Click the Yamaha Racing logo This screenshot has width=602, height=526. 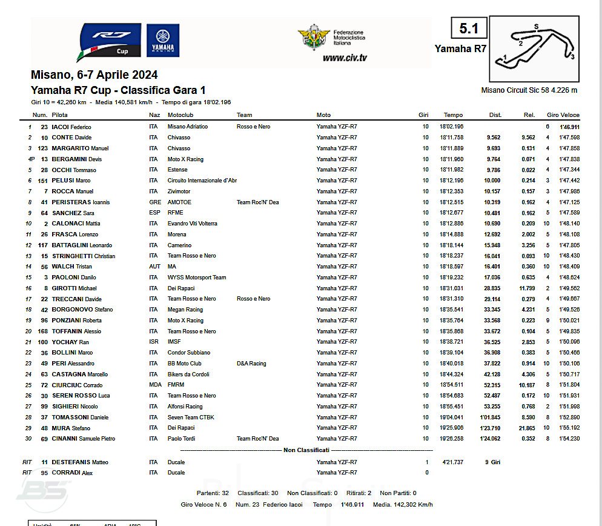[x=162, y=41]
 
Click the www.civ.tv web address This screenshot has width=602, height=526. [x=344, y=58]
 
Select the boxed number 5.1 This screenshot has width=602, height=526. [x=469, y=28]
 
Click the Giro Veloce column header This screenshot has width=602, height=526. [x=563, y=115]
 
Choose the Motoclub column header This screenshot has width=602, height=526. [x=181, y=115]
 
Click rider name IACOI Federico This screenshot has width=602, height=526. [x=76, y=127]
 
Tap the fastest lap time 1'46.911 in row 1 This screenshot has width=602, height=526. [x=569, y=127]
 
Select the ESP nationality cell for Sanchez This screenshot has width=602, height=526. [x=155, y=213]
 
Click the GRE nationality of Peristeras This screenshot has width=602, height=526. [x=155, y=202]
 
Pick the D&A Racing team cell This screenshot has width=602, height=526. [x=251, y=364]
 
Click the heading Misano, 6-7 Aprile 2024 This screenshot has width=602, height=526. [x=94, y=75]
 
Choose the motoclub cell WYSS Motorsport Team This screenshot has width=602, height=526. [x=197, y=278]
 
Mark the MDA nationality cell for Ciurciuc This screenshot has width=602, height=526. [x=156, y=385]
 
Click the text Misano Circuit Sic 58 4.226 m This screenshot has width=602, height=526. [x=529, y=90]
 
